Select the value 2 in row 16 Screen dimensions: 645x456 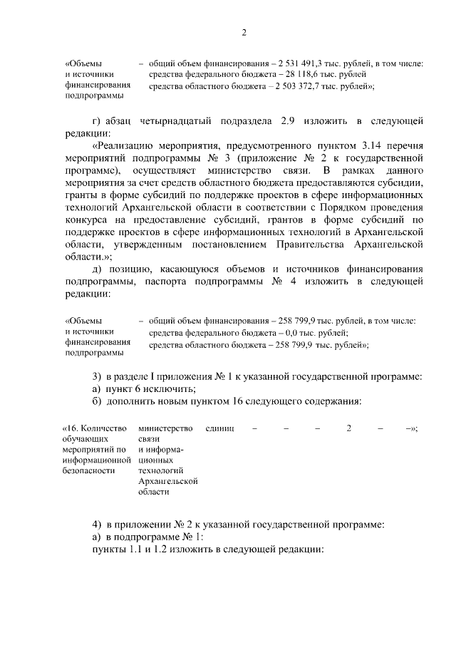coord(348,428)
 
